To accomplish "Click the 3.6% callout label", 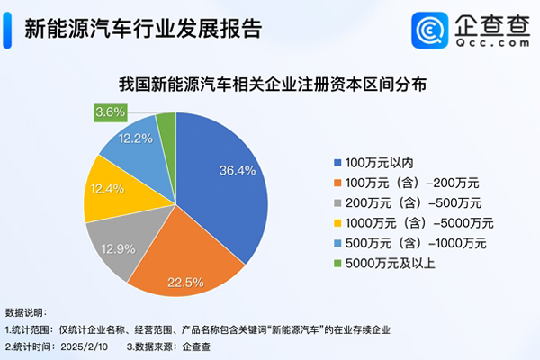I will pos(109,113).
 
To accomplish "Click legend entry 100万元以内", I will pos(374,162).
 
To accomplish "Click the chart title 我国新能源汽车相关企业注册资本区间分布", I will pos(271,86).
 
